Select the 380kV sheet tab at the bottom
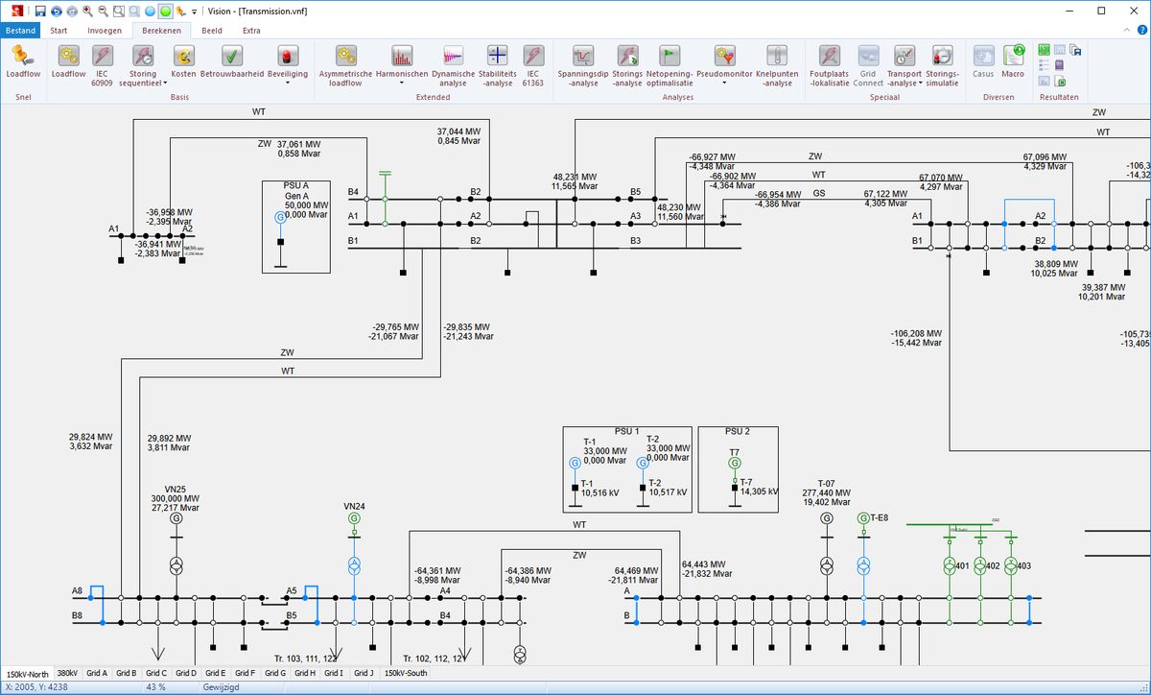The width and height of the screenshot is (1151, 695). pos(67,673)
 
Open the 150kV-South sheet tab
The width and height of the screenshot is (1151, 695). pos(406,673)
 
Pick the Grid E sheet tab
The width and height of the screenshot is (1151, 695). pos(216,673)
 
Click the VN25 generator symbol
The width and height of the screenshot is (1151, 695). pos(176,518)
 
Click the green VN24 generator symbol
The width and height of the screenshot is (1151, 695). pos(354,518)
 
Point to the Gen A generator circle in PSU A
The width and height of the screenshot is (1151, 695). pos(280,218)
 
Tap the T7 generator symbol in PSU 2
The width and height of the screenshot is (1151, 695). pos(735,463)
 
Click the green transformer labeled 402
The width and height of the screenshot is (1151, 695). pos(980,565)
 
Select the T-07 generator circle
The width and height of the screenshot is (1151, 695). pos(827,518)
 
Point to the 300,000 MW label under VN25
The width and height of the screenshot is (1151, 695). pos(175,499)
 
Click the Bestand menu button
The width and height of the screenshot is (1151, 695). pos(20,30)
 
